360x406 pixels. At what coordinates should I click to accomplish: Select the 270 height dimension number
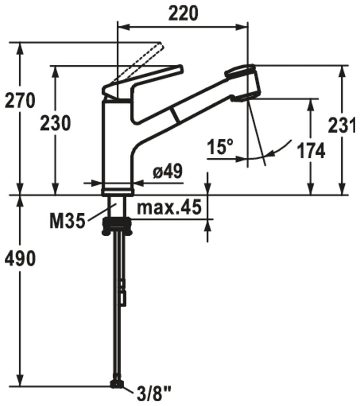tap(20, 100)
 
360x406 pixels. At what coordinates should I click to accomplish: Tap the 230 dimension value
tap(55, 123)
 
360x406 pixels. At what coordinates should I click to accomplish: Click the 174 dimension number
tap(311, 151)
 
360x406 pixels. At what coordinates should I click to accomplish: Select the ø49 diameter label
tap(168, 171)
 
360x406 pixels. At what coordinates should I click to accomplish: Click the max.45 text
tap(169, 207)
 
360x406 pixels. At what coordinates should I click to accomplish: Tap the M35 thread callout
tap(67, 221)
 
